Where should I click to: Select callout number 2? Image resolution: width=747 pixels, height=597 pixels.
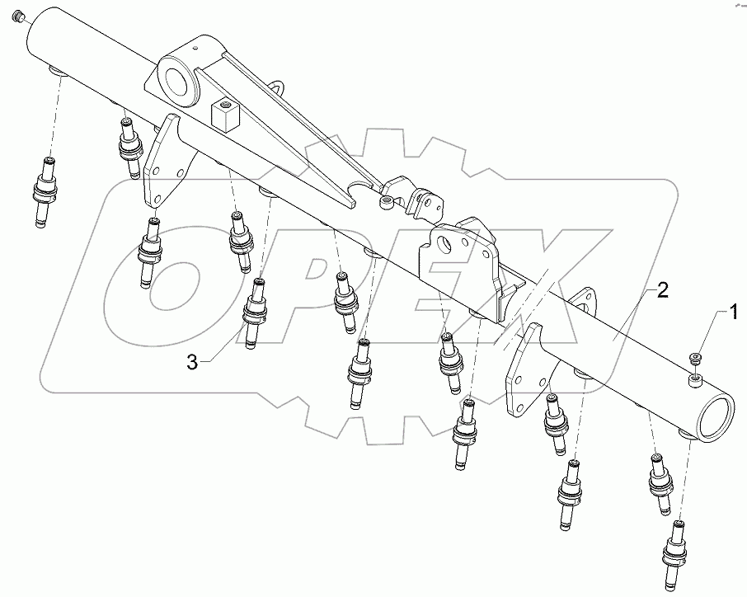(x=663, y=290)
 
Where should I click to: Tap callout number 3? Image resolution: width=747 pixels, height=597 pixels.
(x=191, y=362)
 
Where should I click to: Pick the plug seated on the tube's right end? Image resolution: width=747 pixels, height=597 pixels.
(x=696, y=378)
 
